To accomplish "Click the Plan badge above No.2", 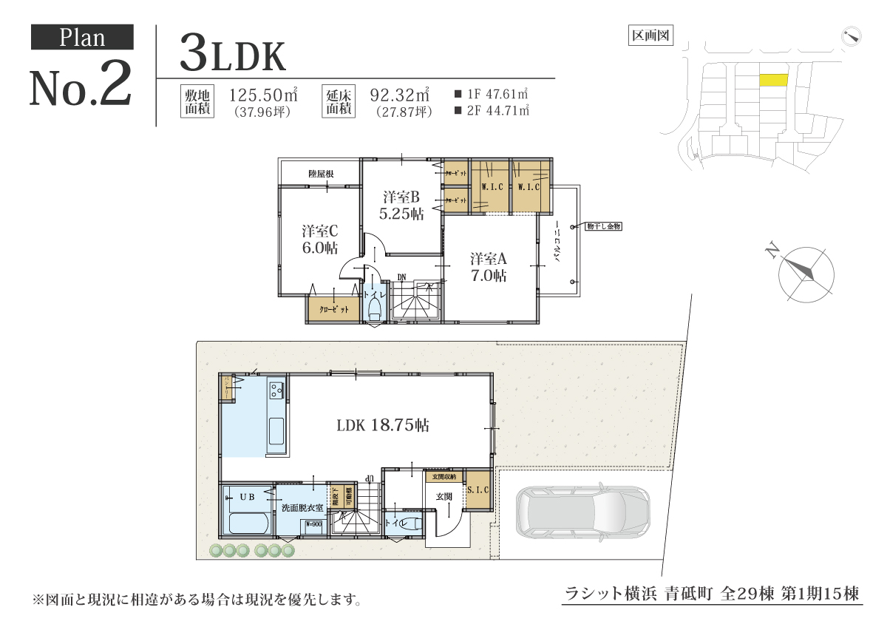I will coord(82,38).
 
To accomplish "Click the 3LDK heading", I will coord(232,55).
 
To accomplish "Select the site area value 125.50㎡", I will coord(263,95).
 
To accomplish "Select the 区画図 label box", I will coord(650,35).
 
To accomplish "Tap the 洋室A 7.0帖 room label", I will coord(489,267).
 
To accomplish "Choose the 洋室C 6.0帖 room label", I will coord(319,239).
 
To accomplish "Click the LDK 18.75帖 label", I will coord(383,426).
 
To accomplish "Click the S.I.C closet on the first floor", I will coord(478,490).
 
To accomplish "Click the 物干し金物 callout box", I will coord(603,226).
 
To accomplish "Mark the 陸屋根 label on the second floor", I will coord(321,174).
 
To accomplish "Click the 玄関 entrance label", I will coord(443,496).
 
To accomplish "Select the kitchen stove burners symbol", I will coord(277,389).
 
